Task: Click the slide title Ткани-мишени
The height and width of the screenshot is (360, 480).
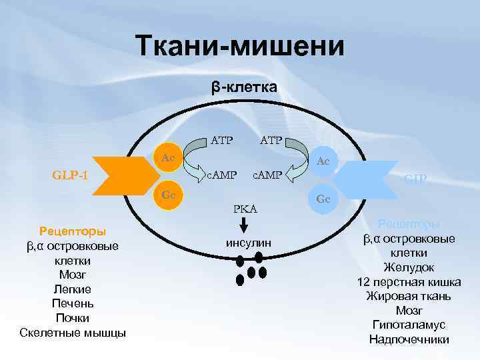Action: click(240, 47)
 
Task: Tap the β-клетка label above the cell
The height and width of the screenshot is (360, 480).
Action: click(244, 87)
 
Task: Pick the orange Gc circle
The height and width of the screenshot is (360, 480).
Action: click(169, 194)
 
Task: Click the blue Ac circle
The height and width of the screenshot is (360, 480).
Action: click(323, 161)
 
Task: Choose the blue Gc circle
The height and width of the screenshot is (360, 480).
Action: click(323, 199)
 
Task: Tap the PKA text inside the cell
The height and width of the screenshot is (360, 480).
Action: click(245, 209)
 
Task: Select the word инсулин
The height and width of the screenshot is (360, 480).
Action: click(249, 243)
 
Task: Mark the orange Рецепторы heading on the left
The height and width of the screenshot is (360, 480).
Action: click(72, 232)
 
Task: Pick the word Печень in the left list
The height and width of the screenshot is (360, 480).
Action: click(72, 303)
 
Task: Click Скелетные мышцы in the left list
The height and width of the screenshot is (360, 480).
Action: click(73, 333)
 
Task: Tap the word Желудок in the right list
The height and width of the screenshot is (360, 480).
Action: click(409, 267)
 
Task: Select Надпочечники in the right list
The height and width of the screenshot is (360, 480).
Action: click(409, 339)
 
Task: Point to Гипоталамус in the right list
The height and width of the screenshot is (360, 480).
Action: click(409, 325)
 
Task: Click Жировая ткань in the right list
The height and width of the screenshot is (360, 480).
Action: click(409, 296)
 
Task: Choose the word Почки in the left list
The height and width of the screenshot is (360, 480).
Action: click(72, 318)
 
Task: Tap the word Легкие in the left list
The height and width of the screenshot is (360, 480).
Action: click(72, 289)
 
